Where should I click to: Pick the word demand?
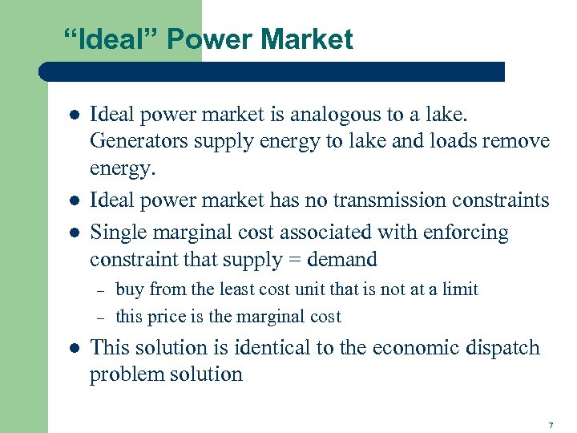pyautogui.click(x=339, y=260)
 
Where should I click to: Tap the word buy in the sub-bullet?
pyautogui.click(x=130, y=289)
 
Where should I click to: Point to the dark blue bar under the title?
pyautogui.click(x=272, y=71)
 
